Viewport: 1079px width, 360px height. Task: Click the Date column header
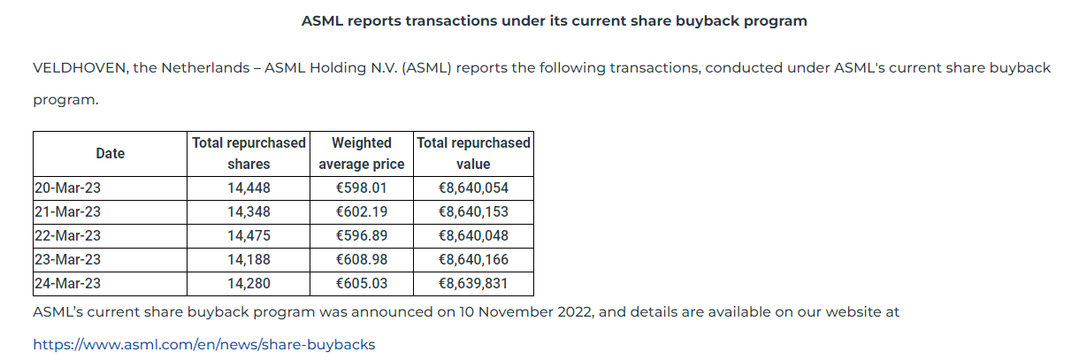point(111,154)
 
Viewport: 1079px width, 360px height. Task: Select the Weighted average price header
point(361,154)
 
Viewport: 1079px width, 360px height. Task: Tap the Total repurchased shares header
point(249,154)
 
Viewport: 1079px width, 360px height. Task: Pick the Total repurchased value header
point(473,154)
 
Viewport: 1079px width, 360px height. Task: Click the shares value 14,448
point(249,188)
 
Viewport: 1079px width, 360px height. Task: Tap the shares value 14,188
point(249,260)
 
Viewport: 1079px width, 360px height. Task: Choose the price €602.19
point(361,212)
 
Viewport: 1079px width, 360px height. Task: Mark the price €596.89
point(361,236)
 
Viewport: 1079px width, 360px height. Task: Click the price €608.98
point(361,260)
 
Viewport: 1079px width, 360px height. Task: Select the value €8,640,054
point(473,188)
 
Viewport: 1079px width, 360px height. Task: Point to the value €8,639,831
point(473,284)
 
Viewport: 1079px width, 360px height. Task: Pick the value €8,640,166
point(473,260)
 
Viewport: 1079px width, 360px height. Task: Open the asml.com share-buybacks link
point(203,344)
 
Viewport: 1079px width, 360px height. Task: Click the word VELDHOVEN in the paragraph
point(79,68)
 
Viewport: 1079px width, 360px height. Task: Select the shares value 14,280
point(249,284)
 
